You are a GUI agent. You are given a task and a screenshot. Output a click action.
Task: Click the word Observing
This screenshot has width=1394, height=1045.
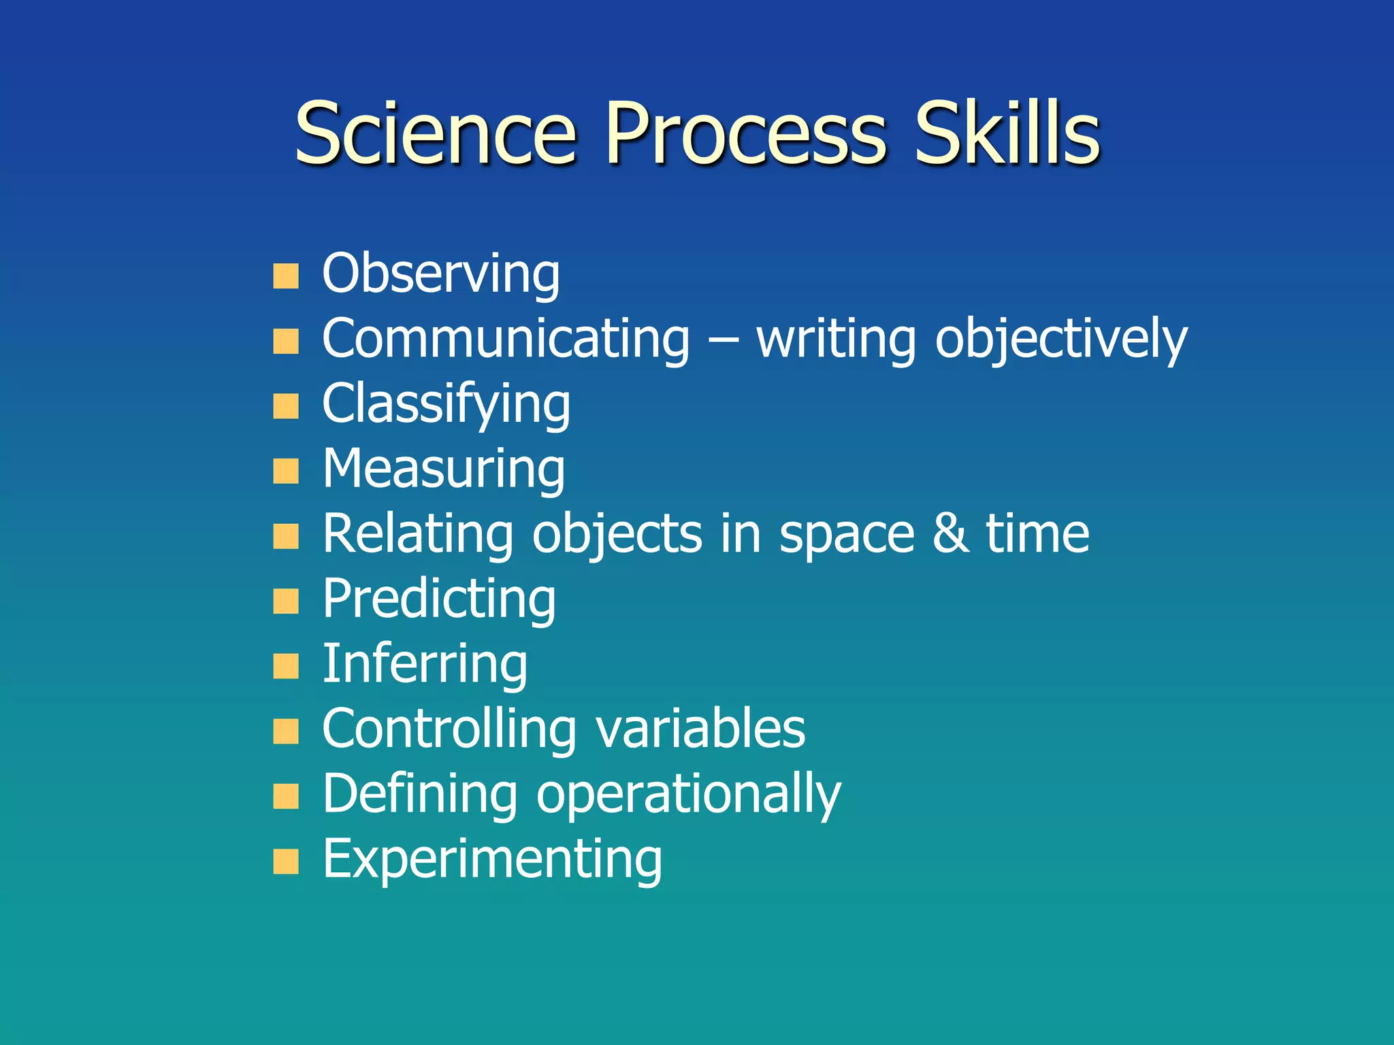[440, 273]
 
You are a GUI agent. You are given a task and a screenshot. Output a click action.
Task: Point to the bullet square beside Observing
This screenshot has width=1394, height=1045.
[286, 276]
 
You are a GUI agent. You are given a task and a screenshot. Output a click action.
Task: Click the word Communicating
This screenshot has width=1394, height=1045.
[506, 338]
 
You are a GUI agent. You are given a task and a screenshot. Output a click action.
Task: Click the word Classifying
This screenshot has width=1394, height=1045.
[446, 403]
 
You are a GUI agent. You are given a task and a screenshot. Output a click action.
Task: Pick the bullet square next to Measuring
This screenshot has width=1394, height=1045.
[286, 471]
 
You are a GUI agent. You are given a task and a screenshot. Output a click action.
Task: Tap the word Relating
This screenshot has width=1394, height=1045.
[417, 533]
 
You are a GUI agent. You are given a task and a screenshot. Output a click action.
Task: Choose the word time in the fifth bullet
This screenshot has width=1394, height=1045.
[1037, 533]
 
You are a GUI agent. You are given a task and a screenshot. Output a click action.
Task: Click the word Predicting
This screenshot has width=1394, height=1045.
[439, 599]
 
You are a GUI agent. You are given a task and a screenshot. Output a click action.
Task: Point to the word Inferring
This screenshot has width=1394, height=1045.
[425, 663]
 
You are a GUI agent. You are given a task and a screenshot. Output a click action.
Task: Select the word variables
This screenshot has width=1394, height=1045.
[700, 729]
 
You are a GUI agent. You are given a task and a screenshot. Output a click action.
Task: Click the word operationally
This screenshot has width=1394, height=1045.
[688, 794]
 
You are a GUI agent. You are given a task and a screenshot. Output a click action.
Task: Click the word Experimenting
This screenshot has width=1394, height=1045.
[492, 859]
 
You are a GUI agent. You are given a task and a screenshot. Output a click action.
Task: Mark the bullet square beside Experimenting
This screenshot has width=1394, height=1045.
[286, 861]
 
